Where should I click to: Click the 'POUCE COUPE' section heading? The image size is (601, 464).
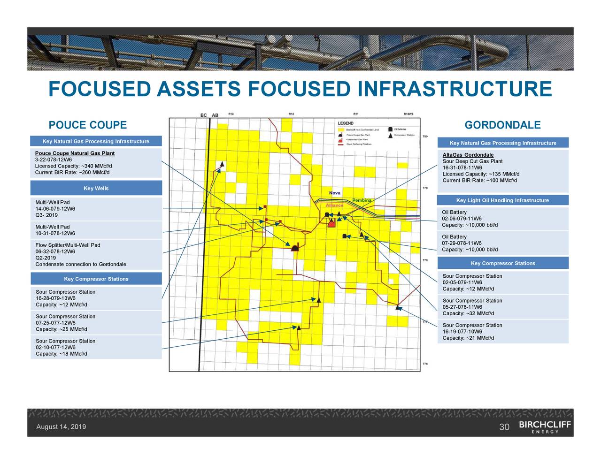[x=88, y=125]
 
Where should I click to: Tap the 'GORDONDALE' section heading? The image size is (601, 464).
[x=502, y=125]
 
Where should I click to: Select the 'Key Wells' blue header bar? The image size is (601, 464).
[x=96, y=189]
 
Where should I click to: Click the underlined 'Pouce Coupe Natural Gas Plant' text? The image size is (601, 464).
[x=75, y=153]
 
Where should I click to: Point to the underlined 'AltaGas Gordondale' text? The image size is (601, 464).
[x=468, y=155]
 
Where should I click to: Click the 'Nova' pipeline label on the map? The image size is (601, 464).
[x=335, y=193]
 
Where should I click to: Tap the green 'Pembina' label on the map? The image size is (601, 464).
[x=362, y=200]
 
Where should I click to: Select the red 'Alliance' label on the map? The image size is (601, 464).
[x=334, y=205]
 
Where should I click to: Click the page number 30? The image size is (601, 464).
[x=504, y=427]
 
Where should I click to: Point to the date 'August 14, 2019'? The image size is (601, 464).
[x=61, y=427]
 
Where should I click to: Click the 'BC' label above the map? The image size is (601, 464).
[x=204, y=115]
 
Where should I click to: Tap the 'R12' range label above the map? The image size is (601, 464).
[x=291, y=114]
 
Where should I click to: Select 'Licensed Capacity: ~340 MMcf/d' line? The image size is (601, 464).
[x=73, y=166]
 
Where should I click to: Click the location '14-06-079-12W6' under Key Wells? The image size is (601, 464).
[x=55, y=209]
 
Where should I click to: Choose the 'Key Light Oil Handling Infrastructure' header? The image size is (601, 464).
[x=502, y=201]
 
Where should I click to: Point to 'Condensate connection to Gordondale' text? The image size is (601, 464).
[x=80, y=265]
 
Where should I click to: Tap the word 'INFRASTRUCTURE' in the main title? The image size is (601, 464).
[x=455, y=89]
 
